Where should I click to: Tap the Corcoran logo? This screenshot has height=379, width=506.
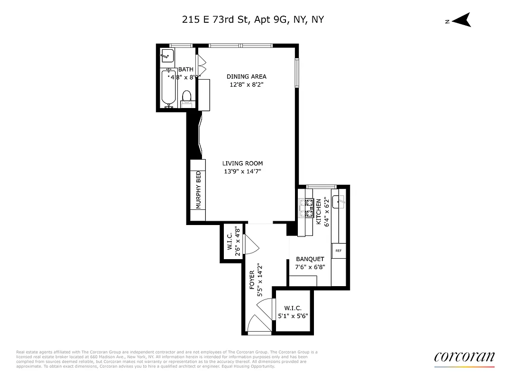point(464,357)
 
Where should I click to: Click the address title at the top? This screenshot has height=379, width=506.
point(253,19)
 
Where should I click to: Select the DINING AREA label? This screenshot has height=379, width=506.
point(246,76)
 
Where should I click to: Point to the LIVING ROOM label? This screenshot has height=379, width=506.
point(243,163)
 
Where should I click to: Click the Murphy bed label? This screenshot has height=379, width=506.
point(199,189)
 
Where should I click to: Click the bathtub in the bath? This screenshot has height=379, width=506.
point(168,88)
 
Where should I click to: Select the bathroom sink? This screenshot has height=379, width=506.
point(166,55)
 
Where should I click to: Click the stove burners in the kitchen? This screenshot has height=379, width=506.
point(310,208)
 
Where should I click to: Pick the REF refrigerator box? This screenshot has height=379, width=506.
point(339,251)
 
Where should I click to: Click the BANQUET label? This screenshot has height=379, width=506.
point(310,259)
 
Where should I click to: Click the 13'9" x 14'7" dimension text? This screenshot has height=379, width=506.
point(242,171)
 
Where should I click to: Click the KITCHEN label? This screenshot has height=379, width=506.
point(319,211)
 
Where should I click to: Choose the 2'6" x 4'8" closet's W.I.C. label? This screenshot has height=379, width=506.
point(230,241)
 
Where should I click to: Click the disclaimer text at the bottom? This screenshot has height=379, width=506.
point(166,359)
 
